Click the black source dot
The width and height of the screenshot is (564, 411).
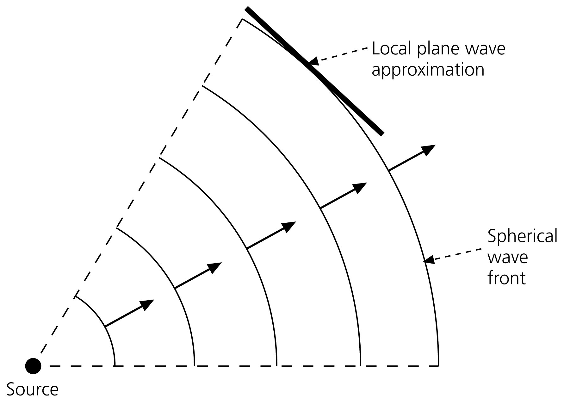click(x=33, y=366)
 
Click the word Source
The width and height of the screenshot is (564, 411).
click(x=33, y=389)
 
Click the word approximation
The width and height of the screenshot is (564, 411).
click(x=428, y=70)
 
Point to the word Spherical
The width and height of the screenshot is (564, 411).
click(x=522, y=236)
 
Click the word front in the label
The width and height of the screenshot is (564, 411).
click(x=506, y=278)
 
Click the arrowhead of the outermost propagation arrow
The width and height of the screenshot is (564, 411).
click(x=429, y=149)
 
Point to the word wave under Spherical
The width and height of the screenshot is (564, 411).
click(x=508, y=257)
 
